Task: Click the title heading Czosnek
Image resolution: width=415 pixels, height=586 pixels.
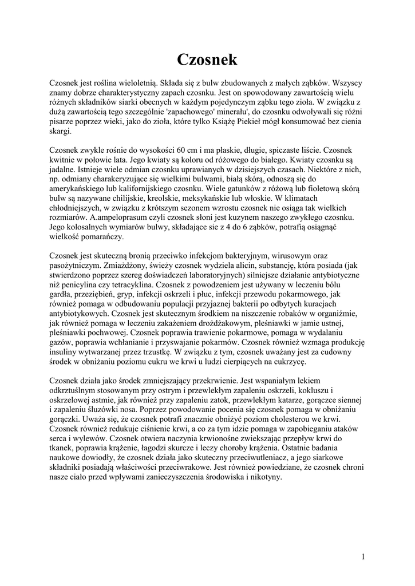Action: click(207, 59)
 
